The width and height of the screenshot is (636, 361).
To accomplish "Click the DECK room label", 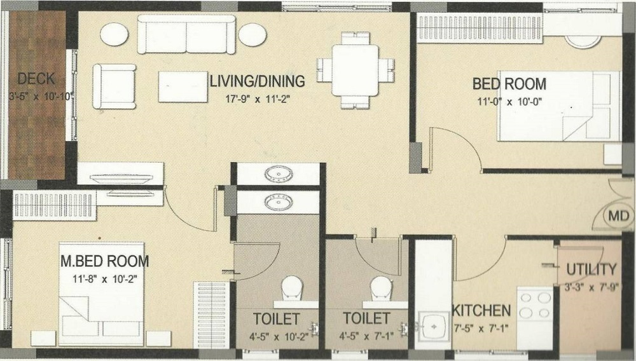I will (36, 79).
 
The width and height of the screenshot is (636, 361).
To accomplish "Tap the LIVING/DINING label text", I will (258, 81).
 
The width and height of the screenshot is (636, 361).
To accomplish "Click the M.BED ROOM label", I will (104, 261).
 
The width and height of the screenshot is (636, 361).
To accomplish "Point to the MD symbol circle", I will (623, 216).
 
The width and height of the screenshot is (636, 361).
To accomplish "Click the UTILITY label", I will (591, 269).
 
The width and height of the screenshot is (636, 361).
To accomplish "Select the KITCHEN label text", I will (481, 311).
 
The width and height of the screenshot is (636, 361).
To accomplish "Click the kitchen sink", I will (434, 327).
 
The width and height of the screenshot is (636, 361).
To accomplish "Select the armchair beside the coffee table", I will (114, 86).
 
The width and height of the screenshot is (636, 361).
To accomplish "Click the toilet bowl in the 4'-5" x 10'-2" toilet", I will (292, 287).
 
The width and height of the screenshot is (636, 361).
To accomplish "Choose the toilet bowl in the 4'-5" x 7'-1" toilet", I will (381, 287).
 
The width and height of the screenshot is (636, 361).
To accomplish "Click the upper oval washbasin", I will (277, 174).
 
